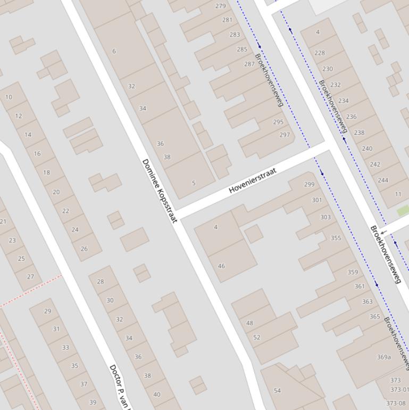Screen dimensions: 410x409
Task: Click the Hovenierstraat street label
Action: (x=253, y=181)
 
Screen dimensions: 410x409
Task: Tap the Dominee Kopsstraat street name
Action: (x=160, y=190)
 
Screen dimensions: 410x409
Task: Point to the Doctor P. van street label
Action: (x=120, y=386)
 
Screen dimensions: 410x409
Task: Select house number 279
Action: (x=220, y=6)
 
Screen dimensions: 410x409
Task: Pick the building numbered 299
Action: (x=309, y=184)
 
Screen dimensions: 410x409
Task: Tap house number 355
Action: (x=336, y=238)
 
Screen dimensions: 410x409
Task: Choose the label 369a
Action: (x=384, y=357)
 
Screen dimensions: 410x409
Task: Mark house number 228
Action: (x=320, y=53)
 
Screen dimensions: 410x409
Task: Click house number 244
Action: (x=383, y=180)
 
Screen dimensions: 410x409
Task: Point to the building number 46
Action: (x=221, y=266)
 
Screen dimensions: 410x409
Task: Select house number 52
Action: (x=257, y=337)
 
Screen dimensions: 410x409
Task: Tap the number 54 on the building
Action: (x=277, y=390)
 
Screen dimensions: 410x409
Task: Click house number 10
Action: (x=9, y=97)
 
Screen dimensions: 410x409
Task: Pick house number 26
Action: (x=84, y=249)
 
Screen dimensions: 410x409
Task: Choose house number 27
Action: (x=30, y=276)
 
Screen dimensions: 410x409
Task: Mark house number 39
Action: (x=93, y=402)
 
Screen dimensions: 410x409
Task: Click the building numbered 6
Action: (x=114, y=51)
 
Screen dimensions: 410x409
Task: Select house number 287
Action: (x=249, y=64)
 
